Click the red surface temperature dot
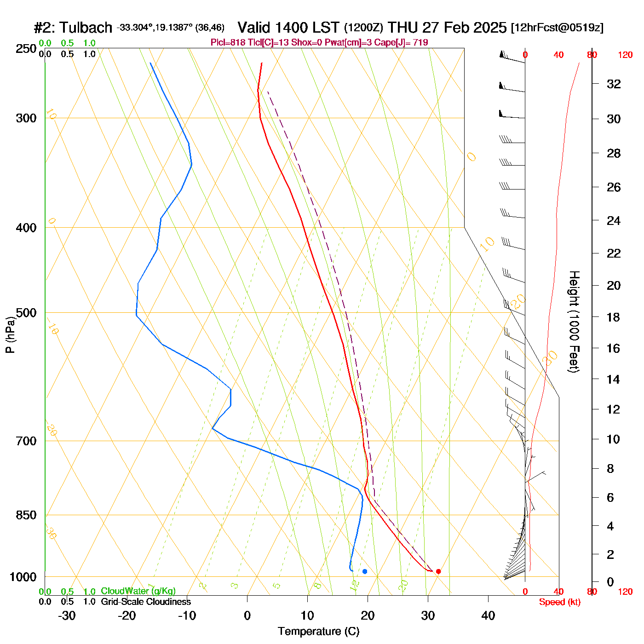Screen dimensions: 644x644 tap(438, 571)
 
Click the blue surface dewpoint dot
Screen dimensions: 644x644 tap(365, 571)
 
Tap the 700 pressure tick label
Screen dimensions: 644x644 tap(26, 441)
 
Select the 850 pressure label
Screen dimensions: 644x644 tap(26, 515)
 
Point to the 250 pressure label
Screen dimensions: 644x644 tap(26, 49)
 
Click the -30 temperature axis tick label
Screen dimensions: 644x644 tap(67, 615)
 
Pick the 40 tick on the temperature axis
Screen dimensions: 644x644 tap(488, 615)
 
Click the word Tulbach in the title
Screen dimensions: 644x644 tap(86, 28)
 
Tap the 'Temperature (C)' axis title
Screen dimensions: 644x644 tap(318, 632)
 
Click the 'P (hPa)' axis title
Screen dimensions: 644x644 tap(10, 335)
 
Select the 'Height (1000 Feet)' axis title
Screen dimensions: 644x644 tap(574, 322)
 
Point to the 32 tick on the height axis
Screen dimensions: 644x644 tap(614, 84)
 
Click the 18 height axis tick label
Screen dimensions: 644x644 tap(614, 317)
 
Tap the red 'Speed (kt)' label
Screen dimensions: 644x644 tap(560, 602)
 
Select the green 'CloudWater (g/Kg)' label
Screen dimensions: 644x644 tap(138, 591)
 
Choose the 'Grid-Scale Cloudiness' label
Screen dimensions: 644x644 tap(146, 602)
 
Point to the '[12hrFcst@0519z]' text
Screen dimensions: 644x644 tap(557, 28)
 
